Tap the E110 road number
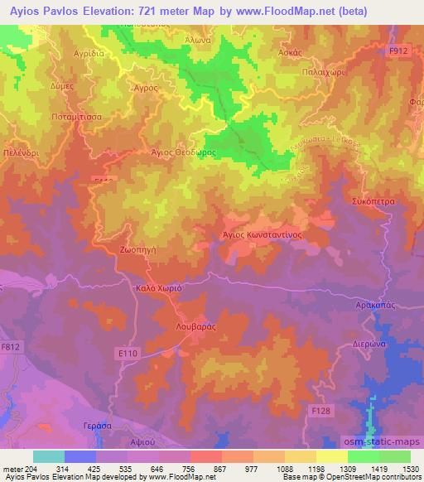[x=127, y=354]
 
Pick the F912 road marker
[x=399, y=51]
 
